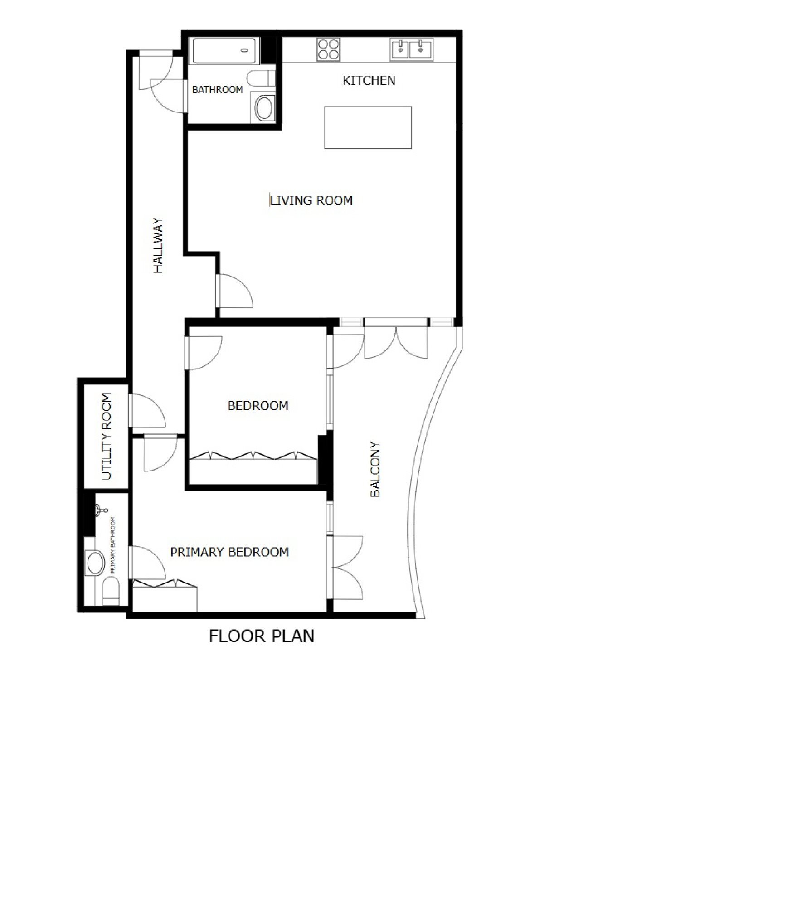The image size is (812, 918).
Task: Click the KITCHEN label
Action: [369, 81]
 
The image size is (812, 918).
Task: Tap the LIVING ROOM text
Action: [311, 200]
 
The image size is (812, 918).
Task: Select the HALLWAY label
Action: [158, 246]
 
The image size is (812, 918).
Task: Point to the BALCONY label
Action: [375, 469]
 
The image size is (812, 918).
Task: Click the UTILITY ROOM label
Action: [106, 437]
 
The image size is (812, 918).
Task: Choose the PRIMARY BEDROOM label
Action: [229, 552]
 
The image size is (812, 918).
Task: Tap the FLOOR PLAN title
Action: [262, 636]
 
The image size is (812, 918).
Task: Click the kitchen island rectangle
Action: [368, 127]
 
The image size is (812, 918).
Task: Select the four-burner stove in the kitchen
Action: [329, 49]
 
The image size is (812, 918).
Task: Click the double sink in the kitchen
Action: [411, 49]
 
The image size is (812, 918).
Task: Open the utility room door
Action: [148, 411]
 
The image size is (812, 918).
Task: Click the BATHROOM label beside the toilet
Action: [217, 90]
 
